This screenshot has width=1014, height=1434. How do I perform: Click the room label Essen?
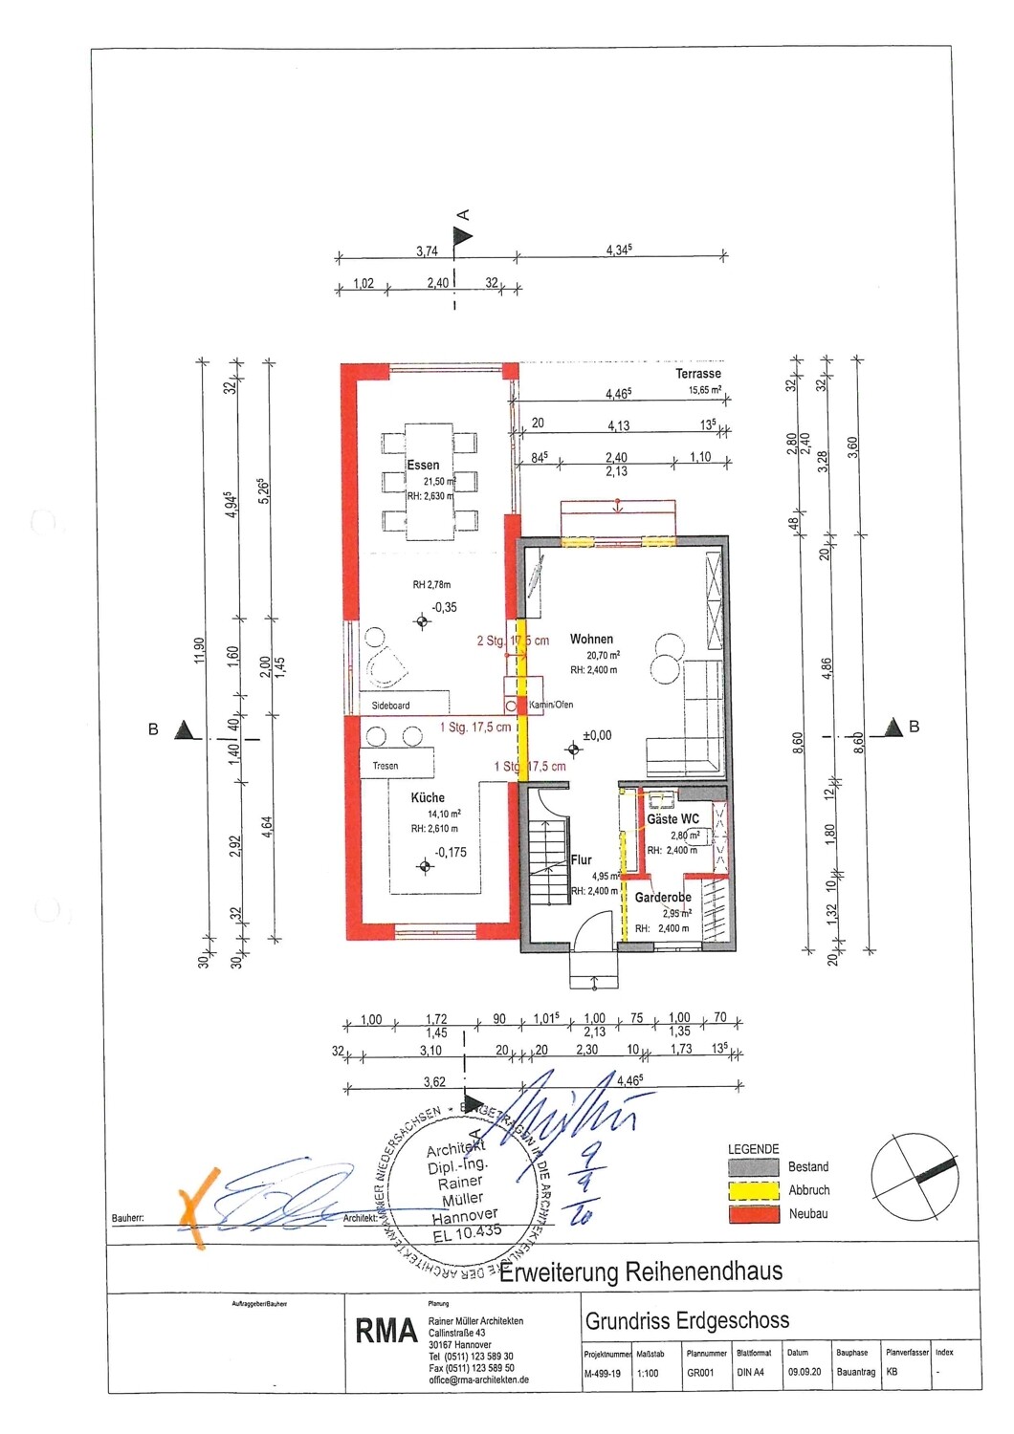(423, 466)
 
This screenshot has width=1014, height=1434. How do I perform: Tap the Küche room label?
(428, 797)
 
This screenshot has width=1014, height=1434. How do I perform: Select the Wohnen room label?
(591, 639)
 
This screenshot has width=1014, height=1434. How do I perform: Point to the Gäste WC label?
(672, 819)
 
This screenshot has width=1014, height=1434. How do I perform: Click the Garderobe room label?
(663, 898)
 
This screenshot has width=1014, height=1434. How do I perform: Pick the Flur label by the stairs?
(582, 859)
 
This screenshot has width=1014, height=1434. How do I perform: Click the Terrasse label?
(698, 373)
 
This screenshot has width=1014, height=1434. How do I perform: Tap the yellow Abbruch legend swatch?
(754, 1190)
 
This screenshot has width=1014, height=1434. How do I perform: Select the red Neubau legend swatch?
(754, 1214)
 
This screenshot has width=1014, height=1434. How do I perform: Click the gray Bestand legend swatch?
(754, 1167)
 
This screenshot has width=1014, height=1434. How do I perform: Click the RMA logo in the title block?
(386, 1331)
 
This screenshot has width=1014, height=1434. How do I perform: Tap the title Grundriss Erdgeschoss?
(687, 1321)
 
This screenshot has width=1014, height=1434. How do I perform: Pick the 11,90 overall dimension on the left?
(199, 650)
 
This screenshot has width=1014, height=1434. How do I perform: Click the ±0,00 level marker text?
(597, 735)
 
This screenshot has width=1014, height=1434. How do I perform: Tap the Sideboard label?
(390, 706)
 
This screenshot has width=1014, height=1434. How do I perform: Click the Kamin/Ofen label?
(551, 706)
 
